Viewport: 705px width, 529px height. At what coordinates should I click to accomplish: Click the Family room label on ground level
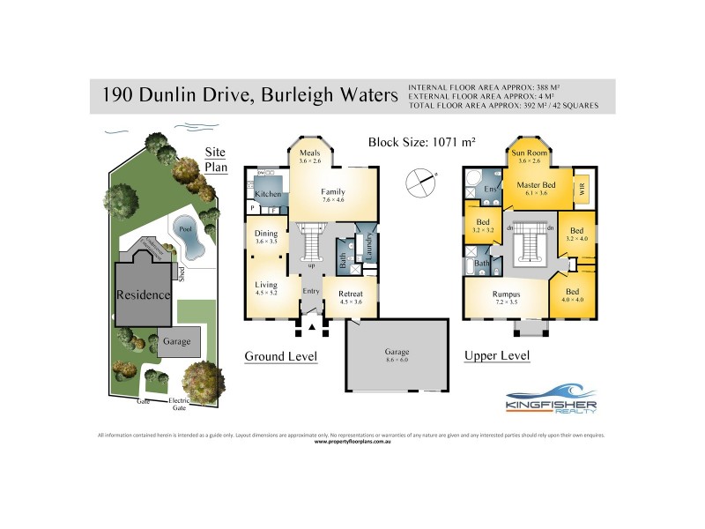click(332, 191)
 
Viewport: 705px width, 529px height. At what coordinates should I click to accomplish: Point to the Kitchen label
click(268, 194)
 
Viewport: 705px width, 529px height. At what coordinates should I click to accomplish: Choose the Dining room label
click(265, 234)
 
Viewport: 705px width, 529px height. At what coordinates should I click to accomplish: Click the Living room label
click(266, 285)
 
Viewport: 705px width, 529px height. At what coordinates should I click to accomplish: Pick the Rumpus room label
click(506, 294)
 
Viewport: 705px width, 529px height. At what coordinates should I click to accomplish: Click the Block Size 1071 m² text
click(421, 141)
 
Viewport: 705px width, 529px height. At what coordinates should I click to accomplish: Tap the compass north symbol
click(420, 184)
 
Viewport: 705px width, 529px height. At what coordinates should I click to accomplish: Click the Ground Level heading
click(280, 356)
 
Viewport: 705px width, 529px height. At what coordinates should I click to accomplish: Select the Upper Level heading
click(496, 356)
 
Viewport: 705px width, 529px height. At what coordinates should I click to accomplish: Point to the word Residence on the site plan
click(143, 294)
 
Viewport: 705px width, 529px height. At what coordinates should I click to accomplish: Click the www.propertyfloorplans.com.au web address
click(352, 441)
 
